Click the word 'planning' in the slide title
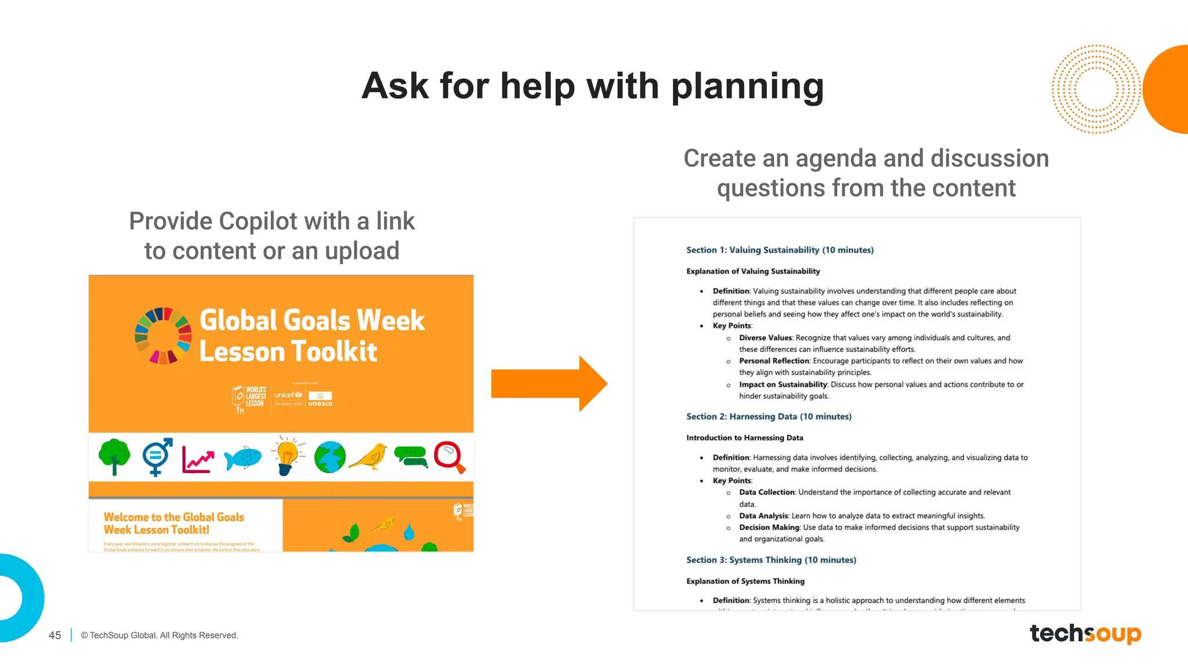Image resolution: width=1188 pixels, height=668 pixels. [747, 87]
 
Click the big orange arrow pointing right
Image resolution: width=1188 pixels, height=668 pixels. [548, 384]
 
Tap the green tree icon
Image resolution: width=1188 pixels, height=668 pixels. [114, 456]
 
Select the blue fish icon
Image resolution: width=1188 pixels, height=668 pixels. [242, 458]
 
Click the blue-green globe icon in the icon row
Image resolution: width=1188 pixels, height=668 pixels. [329, 458]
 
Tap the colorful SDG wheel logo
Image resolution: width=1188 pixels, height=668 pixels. [163, 336]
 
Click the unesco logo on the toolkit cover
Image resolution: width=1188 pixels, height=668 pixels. [320, 400]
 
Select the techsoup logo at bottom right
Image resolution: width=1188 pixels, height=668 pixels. [1085, 633]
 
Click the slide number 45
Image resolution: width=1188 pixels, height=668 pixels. [55, 636]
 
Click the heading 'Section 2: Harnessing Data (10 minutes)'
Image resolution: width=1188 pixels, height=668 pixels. [769, 417]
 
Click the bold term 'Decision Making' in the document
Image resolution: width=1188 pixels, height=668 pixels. [769, 528]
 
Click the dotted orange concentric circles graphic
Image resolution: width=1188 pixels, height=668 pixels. [1095, 89]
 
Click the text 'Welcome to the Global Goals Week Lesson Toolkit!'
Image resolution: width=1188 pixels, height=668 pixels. [173, 523]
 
